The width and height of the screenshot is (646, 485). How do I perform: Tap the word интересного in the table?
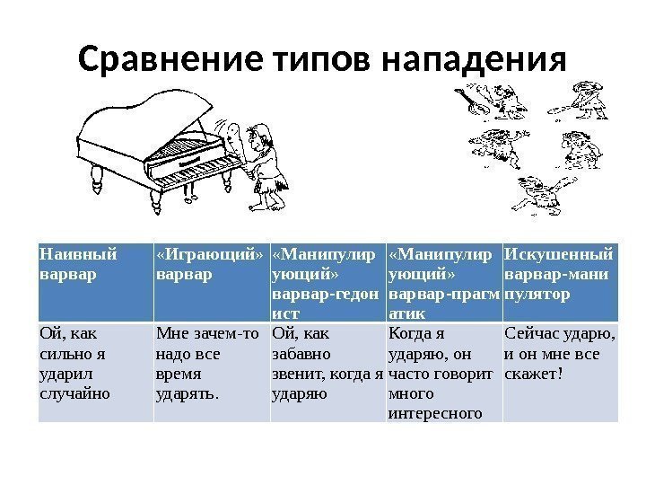[x=435, y=413]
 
